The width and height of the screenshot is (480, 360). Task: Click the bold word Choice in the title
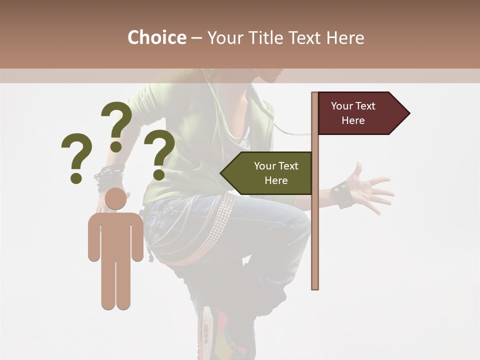tap(156, 37)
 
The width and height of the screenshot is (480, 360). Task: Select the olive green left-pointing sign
tap(267, 173)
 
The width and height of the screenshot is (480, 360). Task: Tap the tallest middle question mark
tap(116, 125)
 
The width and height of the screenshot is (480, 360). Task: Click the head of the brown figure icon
tap(115, 198)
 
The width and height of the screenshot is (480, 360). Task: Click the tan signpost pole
tap(315, 225)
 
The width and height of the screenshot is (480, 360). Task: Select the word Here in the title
tap(345, 37)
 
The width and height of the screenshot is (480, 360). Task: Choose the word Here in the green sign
tap(276, 180)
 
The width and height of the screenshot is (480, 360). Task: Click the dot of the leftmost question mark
tap(76, 178)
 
